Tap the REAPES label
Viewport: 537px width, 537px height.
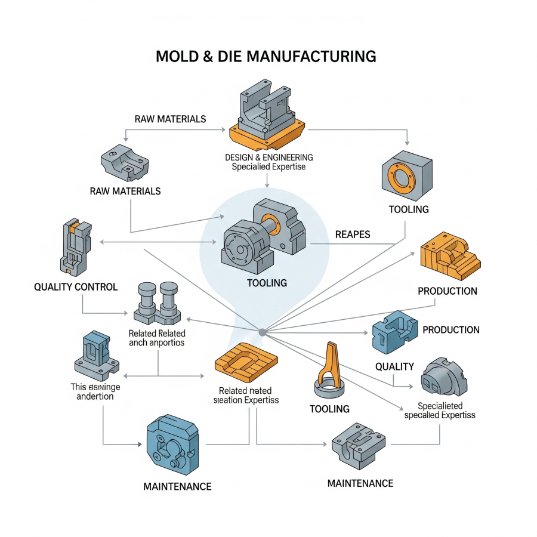[x=353, y=234]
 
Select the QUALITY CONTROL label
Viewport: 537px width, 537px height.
[x=76, y=287]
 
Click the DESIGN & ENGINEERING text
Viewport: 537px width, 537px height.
[x=268, y=157]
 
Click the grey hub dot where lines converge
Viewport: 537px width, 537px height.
[x=262, y=332]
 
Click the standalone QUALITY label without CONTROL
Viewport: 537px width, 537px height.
[x=394, y=366]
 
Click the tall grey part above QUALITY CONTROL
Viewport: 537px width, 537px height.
[x=75, y=247]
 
